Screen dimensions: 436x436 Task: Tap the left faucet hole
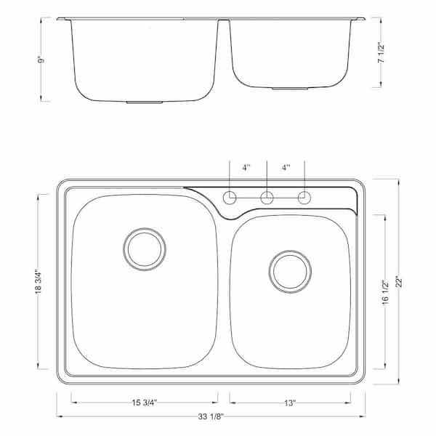tap(230, 197)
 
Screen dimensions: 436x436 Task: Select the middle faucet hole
tap(267, 197)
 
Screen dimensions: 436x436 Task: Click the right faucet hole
tap(304, 197)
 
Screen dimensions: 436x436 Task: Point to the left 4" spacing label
tap(247, 166)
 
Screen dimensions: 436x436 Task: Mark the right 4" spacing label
tap(286, 166)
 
